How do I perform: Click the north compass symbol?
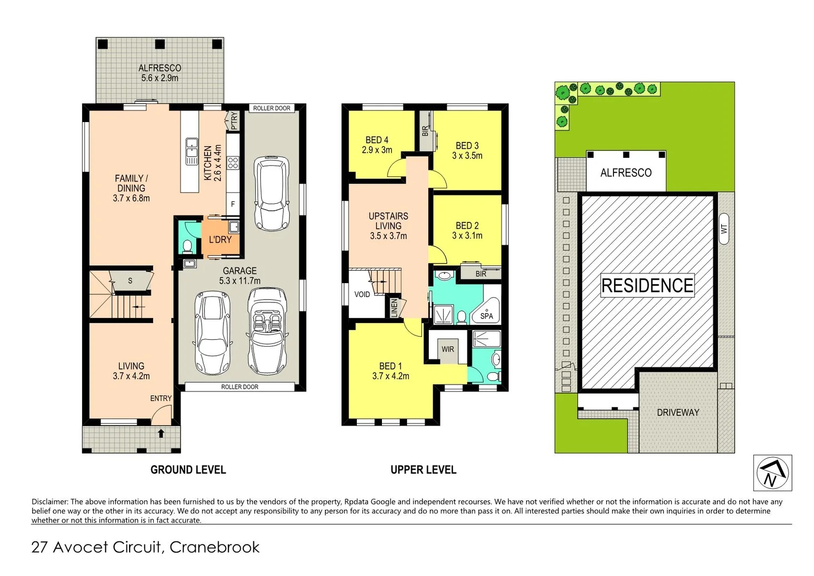coord(772,473)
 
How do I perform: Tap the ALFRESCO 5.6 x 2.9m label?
coord(159,73)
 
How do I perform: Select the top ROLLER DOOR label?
coord(272,108)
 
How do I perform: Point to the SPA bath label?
coord(486,316)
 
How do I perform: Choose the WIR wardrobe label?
coord(448,349)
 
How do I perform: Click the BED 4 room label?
coord(377,145)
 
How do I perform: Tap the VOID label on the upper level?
coord(362,294)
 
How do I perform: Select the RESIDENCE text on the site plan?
coord(647,286)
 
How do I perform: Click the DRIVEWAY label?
coord(677,412)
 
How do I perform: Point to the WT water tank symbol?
coord(724,229)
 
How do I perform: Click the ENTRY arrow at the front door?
coord(161,433)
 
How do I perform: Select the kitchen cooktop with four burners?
coord(233,163)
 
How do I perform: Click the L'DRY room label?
coord(220,240)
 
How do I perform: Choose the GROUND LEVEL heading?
coord(188,470)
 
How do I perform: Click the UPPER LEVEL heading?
coord(423,470)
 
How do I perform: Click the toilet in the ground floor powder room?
coord(187,246)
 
